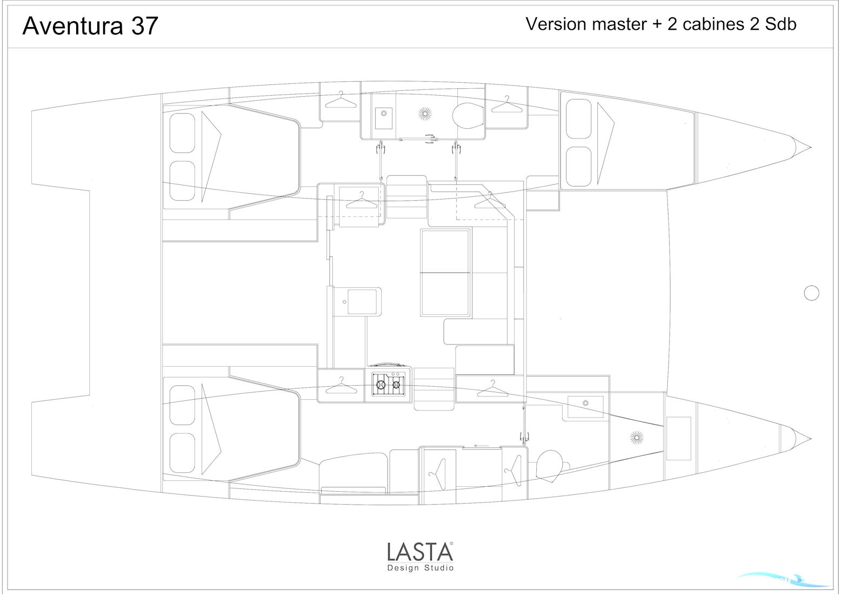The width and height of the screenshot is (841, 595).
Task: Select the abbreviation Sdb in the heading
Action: click(780, 24)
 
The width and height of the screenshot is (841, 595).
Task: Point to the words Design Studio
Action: click(420, 568)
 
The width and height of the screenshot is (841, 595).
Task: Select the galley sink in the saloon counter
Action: click(362, 301)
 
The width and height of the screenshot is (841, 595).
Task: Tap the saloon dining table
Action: click(445, 272)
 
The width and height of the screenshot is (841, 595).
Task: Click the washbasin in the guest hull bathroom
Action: click(383, 118)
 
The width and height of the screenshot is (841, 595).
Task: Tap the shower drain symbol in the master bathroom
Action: click(637, 438)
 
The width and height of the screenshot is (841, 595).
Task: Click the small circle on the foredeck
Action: click(811, 293)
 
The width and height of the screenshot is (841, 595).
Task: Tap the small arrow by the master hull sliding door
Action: click(480, 446)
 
